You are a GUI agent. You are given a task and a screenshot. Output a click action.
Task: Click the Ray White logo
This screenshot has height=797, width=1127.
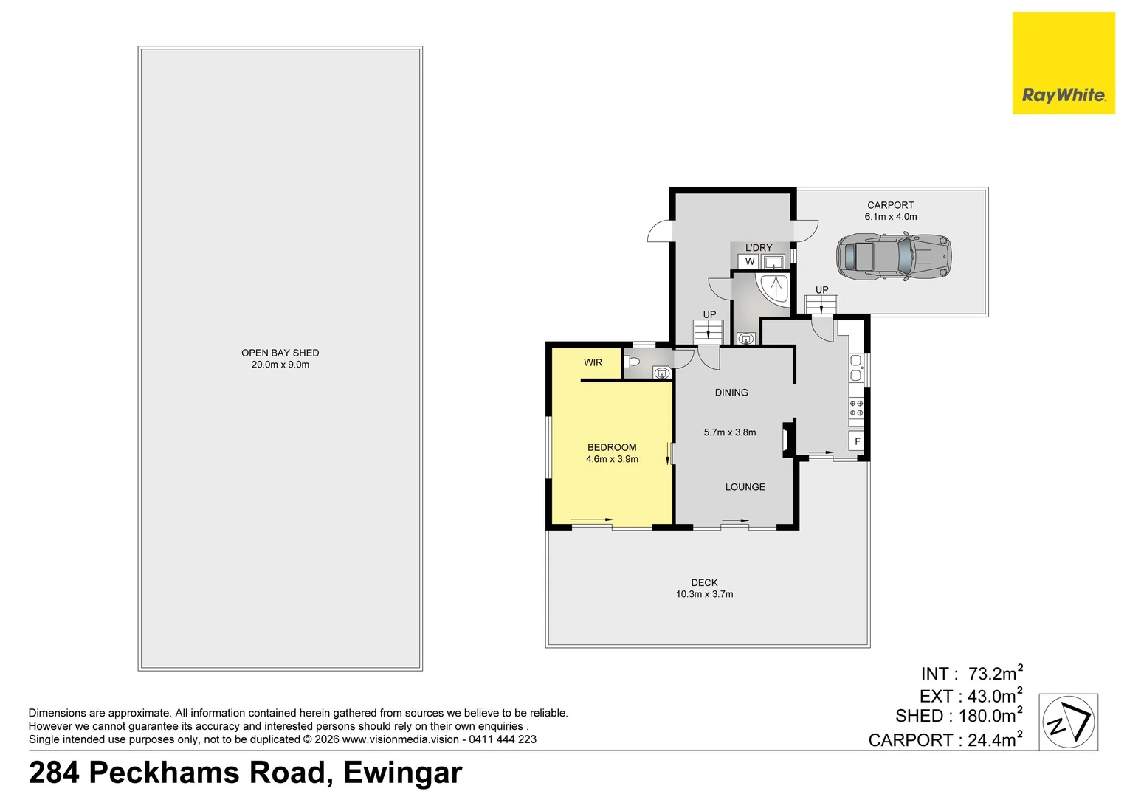click(x=1063, y=63)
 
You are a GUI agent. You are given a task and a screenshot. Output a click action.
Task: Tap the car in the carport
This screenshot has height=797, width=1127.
click(x=893, y=256)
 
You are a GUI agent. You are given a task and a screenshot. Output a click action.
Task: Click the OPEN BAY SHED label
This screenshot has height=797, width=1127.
click(x=280, y=353)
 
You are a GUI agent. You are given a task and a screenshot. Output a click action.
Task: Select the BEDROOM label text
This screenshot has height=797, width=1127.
click(x=612, y=447)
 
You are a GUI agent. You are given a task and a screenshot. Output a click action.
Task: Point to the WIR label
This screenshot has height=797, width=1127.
click(x=593, y=362)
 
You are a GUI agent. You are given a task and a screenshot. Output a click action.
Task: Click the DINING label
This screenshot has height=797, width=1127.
click(x=731, y=393)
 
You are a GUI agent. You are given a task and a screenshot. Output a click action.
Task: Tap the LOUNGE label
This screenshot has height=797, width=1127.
click(x=745, y=487)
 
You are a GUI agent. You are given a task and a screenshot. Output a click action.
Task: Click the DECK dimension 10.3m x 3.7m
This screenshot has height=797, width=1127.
click(x=704, y=594)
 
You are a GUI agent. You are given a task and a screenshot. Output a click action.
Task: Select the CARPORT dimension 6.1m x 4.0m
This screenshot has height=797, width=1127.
click(x=890, y=217)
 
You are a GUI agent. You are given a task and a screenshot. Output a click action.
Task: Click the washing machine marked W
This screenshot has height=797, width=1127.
click(x=749, y=262)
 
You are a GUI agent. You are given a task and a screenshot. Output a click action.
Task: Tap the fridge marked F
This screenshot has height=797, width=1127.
click(x=857, y=441)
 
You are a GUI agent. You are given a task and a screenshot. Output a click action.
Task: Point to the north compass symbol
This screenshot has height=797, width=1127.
click(x=1068, y=722)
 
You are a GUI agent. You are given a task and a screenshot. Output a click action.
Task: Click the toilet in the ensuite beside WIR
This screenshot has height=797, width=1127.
click(x=632, y=362)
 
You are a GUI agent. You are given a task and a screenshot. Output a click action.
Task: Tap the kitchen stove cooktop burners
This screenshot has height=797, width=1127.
click(x=855, y=408)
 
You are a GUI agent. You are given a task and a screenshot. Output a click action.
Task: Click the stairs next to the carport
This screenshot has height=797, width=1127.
click(x=821, y=304)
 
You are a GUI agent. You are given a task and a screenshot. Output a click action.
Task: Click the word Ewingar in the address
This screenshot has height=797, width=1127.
click(x=402, y=773)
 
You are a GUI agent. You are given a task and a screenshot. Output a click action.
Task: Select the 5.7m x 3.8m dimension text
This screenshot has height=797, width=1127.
click(x=729, y=432)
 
